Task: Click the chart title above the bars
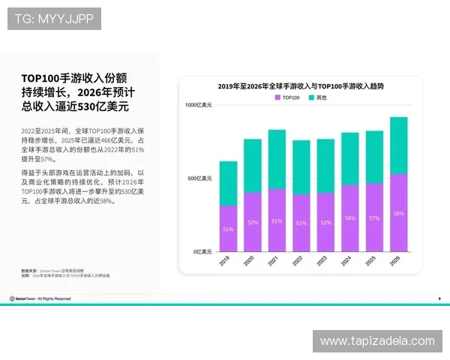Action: [300, 86]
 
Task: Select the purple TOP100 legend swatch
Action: [277, 98]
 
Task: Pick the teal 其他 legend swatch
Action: [312, 98]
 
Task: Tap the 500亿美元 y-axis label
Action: [199, 178]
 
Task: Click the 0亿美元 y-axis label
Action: [203, 251]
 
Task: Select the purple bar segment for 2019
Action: [228, 229]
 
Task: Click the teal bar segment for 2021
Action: [277, 159]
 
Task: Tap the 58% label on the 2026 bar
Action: [398, 214]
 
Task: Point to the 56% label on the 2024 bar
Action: [349, 218]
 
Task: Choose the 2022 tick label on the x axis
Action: [300, 261]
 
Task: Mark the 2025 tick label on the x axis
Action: [373, 261]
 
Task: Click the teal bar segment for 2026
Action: [398, 145]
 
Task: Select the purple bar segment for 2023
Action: [325, 222]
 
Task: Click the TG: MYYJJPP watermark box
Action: [54, 18]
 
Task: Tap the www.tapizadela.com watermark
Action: [377, 341]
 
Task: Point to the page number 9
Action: [439, 298]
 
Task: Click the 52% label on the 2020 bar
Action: [253, 222]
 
